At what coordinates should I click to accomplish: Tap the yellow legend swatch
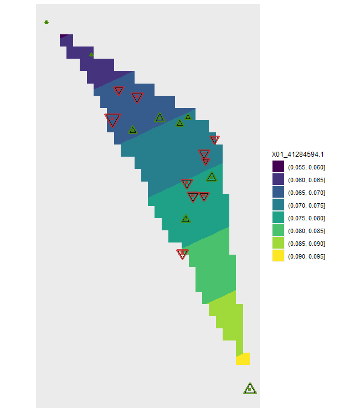278,256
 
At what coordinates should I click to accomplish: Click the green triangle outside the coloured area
250,389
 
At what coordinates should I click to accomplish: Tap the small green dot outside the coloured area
47,22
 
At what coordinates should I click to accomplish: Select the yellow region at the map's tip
243,359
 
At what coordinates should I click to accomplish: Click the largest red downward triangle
112,119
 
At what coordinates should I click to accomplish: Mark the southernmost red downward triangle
182,254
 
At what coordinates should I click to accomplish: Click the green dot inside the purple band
91,54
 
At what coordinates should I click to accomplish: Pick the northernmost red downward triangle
119,90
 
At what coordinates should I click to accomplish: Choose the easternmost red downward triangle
214,140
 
